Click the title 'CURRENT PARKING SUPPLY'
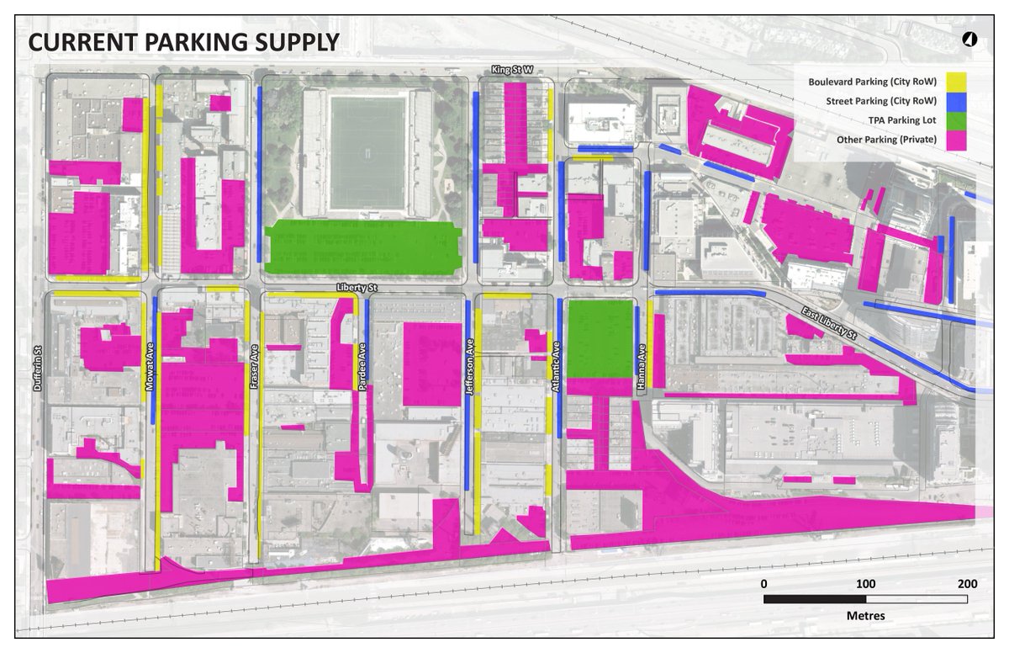click(184, 42)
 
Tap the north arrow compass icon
click(969, 40)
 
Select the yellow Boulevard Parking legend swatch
click(955, 82)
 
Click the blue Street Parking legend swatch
click(955, 101)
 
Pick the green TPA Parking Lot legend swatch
click(955, 120)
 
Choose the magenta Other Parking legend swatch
click(955, 140)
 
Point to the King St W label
click(514, 72)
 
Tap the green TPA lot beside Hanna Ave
click(600, 339)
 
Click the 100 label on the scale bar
click(865, 584)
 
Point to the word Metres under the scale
click(865, 615)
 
